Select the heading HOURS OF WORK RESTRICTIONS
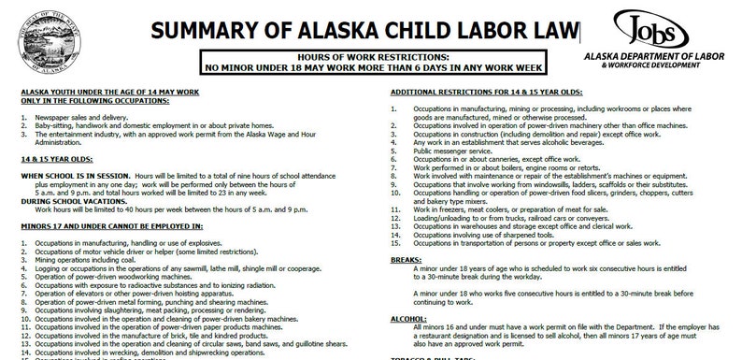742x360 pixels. pyautogui.click(x=378, y=57)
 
